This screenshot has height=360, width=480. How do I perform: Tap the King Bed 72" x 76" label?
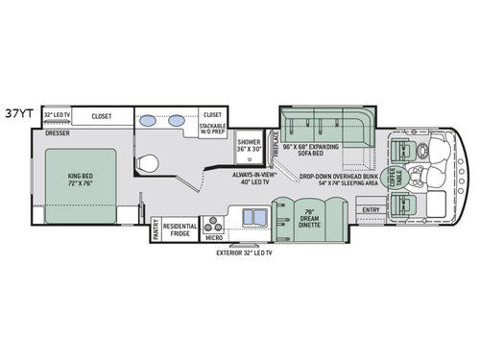coord(82,180)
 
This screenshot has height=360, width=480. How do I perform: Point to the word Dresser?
coord(57,132)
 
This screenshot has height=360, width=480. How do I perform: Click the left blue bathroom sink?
coord(147,122)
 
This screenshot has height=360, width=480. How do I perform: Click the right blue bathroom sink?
coord(178,122)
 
